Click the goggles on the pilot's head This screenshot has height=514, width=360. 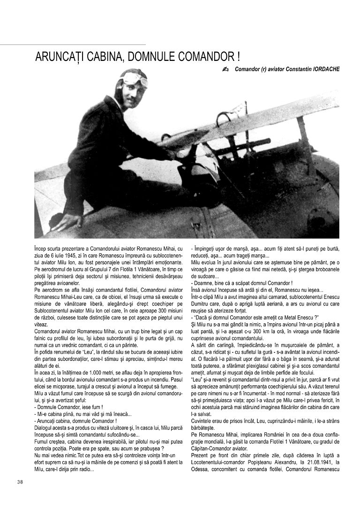coord(135,78)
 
